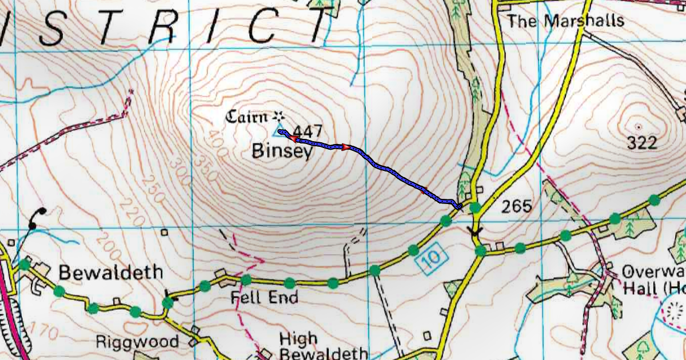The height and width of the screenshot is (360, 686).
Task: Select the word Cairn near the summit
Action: click(246, 118)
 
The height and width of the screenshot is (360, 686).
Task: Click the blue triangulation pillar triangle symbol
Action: click(281, 133)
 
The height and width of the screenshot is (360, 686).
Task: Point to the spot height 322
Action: click(641, 143)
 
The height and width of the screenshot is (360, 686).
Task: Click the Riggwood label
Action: click(137, 342)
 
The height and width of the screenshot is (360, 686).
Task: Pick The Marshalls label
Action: click(565, 22)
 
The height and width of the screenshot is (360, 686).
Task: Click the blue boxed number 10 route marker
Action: click(433, 258)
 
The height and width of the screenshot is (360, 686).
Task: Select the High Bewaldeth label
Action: click(323, 345)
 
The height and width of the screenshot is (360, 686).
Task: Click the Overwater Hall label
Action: click(653, 279)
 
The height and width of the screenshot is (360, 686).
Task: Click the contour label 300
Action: click(180, 179)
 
